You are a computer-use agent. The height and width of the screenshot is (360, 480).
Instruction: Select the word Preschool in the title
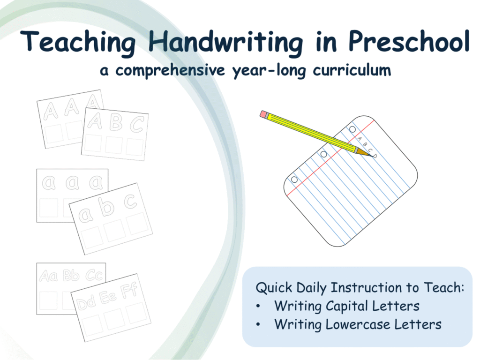409,41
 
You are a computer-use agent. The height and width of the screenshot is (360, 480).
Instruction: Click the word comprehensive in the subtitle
170,71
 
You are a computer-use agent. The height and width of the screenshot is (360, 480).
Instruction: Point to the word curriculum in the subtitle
352,70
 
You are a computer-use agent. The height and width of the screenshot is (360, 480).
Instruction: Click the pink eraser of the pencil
264,114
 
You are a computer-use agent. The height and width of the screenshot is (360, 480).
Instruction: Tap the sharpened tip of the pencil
372,156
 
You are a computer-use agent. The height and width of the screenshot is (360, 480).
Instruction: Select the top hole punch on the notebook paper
352,129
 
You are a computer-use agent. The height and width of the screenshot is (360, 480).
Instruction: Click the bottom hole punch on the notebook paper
294,180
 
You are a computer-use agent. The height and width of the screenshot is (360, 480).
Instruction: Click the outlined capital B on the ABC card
117,122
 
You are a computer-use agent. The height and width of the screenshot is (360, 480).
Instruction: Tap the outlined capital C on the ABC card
137,124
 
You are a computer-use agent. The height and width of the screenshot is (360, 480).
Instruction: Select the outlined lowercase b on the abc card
107,207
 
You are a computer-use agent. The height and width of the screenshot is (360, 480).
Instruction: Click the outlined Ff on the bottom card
129,290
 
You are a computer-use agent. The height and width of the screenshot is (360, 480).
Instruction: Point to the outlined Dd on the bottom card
87,303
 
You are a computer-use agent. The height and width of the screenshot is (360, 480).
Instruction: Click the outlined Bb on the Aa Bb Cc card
71,276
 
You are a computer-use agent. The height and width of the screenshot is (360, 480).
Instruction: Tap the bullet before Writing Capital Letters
258,306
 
